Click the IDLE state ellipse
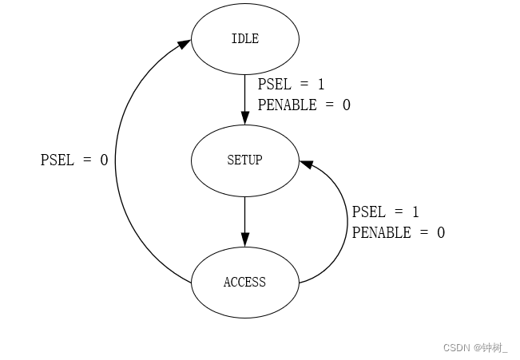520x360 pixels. (244, 38)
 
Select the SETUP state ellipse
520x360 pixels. (244, 160)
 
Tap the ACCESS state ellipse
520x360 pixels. (244, 282)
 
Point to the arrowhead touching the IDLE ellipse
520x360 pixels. (184, 45)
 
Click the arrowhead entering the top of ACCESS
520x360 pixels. (244, 239)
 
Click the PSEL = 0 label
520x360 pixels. (74, 160)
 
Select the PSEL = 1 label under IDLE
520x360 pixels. (292, 84)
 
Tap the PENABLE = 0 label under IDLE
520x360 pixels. (304, 105)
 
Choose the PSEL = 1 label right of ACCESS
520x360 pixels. (386, 212)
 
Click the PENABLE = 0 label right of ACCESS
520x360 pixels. (398, 233)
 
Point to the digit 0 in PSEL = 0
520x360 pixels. (104, 160)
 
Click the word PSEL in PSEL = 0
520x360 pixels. (57, 160)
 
